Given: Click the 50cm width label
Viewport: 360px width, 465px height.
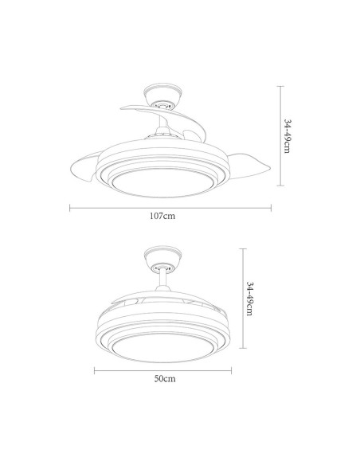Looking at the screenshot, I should pyautogui.click(x=165, y=379).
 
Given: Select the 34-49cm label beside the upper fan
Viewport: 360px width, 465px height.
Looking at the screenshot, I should pyautogui.click(x=288, y=138).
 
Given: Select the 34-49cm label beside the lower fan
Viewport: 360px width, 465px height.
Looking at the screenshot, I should pyautogui.click(x=250, y=299).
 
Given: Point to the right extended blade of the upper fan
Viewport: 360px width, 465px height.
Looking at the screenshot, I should pyautogui.click(x=243, y=165).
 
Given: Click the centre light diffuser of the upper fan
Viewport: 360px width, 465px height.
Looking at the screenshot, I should pyautogui.click(x=165, y=182).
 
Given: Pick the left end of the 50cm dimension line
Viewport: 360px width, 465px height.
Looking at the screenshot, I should pyautogui.click(x=95, y=370).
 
